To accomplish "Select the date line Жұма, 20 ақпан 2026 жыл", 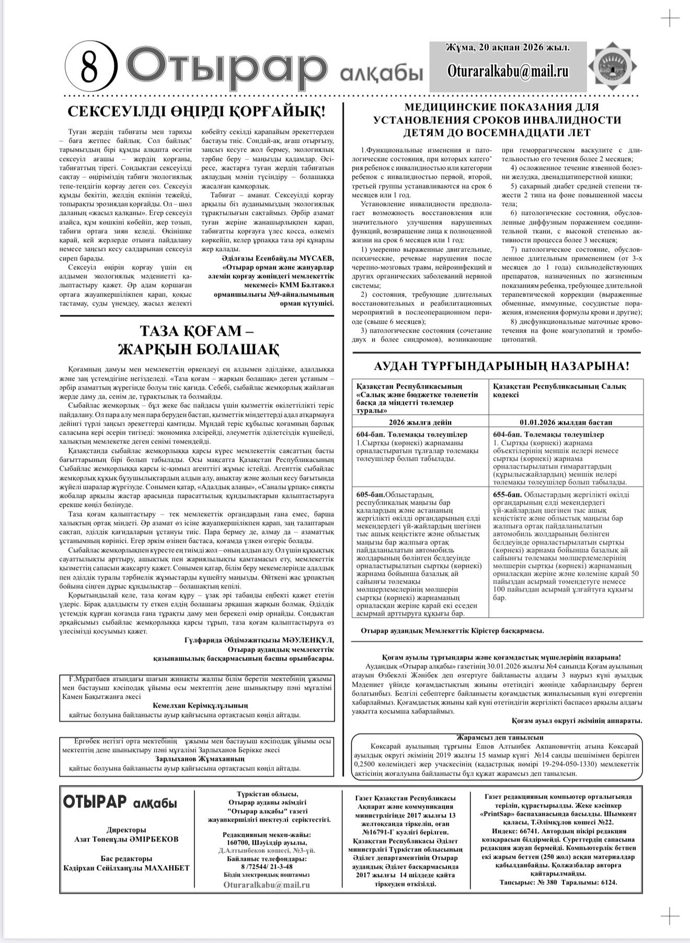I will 508,48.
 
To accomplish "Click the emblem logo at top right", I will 613,66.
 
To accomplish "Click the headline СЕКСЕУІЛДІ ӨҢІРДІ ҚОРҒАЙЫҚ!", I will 197,112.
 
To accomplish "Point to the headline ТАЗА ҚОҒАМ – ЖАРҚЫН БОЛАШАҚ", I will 198,339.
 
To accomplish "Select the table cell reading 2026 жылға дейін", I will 420,422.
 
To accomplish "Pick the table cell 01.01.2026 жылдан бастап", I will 566,422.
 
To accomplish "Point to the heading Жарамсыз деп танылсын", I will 497,737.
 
